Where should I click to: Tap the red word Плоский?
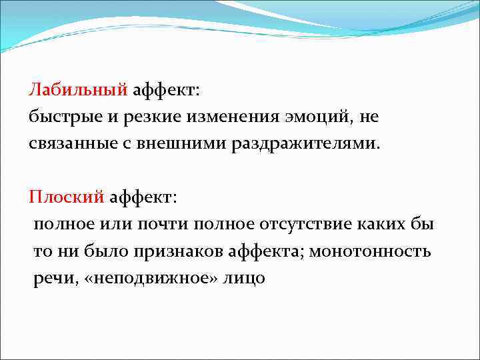click(x=67, y=197)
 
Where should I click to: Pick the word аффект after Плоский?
click(x=145, y=197)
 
